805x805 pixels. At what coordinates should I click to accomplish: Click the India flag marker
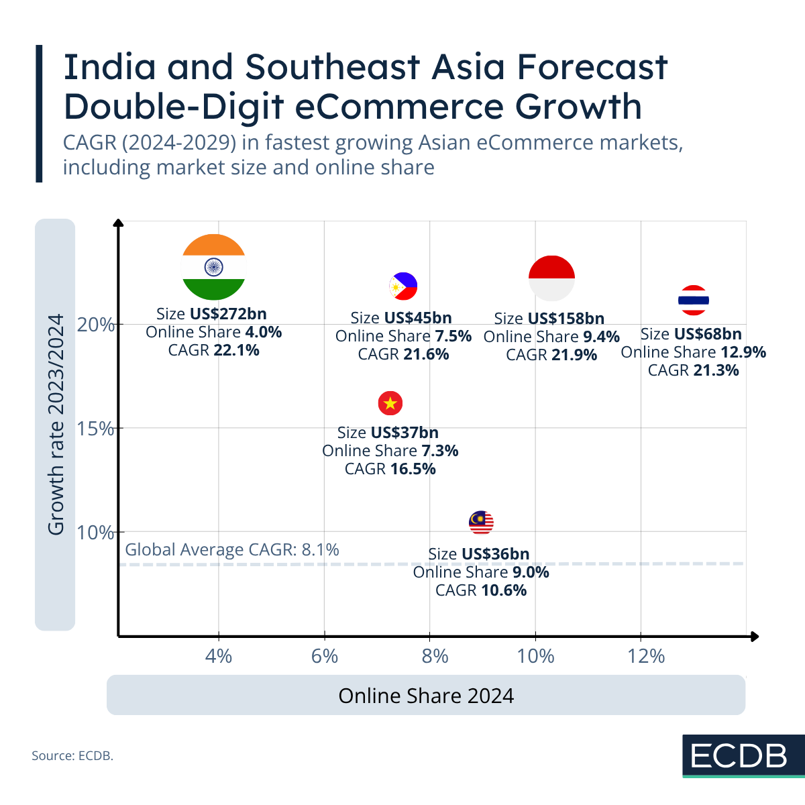(x=213, y=267)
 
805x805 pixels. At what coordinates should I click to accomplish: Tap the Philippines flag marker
(x=403, y=286)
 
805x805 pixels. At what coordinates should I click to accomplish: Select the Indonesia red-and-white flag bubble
(x=551, y=278)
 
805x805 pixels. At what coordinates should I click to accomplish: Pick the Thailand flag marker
(x=694, y=300)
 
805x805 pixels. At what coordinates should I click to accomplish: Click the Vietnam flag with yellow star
(x=390, y=403)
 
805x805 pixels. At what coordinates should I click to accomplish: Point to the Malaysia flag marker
(x=481, y=522)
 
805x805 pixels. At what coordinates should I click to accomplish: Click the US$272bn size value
(x=228, y=313)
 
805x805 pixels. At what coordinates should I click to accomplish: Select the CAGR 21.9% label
(x=551, y=355)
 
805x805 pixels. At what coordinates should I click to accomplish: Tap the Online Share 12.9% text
(x=693, y=352)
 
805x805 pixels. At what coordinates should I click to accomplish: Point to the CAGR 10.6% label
(x=481, y=590)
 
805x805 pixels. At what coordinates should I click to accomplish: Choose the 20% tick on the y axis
(x=96, y=325)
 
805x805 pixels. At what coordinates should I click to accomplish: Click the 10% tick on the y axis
(x=96, y=533)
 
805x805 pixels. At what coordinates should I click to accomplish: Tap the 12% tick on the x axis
(x=646, y=656)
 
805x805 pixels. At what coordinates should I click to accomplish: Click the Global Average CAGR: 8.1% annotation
(x=232, y=550)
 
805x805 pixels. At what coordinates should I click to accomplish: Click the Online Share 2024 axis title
(x=426, y=696)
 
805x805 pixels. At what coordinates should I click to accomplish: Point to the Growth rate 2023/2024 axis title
(x=56, y=425)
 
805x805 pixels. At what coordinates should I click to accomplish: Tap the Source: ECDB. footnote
(x=72, y=756)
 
